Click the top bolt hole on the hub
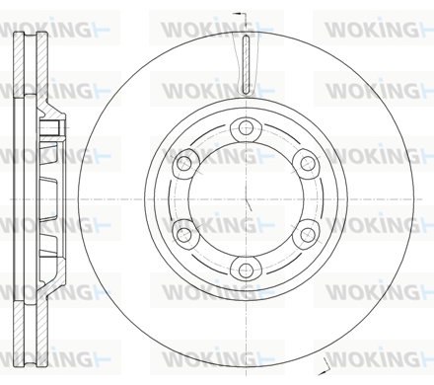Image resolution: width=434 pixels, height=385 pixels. [246, 127]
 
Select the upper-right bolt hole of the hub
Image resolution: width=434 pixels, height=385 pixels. [308, 163]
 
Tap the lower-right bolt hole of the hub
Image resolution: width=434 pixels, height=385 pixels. [308, 235]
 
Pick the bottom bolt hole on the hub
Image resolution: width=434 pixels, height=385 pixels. [246, 271]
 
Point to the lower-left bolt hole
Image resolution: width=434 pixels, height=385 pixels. [183, 235]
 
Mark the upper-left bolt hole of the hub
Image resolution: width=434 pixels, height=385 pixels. [183, 163]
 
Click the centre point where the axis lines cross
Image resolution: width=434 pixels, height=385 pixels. [247, 199]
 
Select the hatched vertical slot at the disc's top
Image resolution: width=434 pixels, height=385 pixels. [246, 63]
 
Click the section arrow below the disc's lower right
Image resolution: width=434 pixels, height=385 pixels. [323, 366]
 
